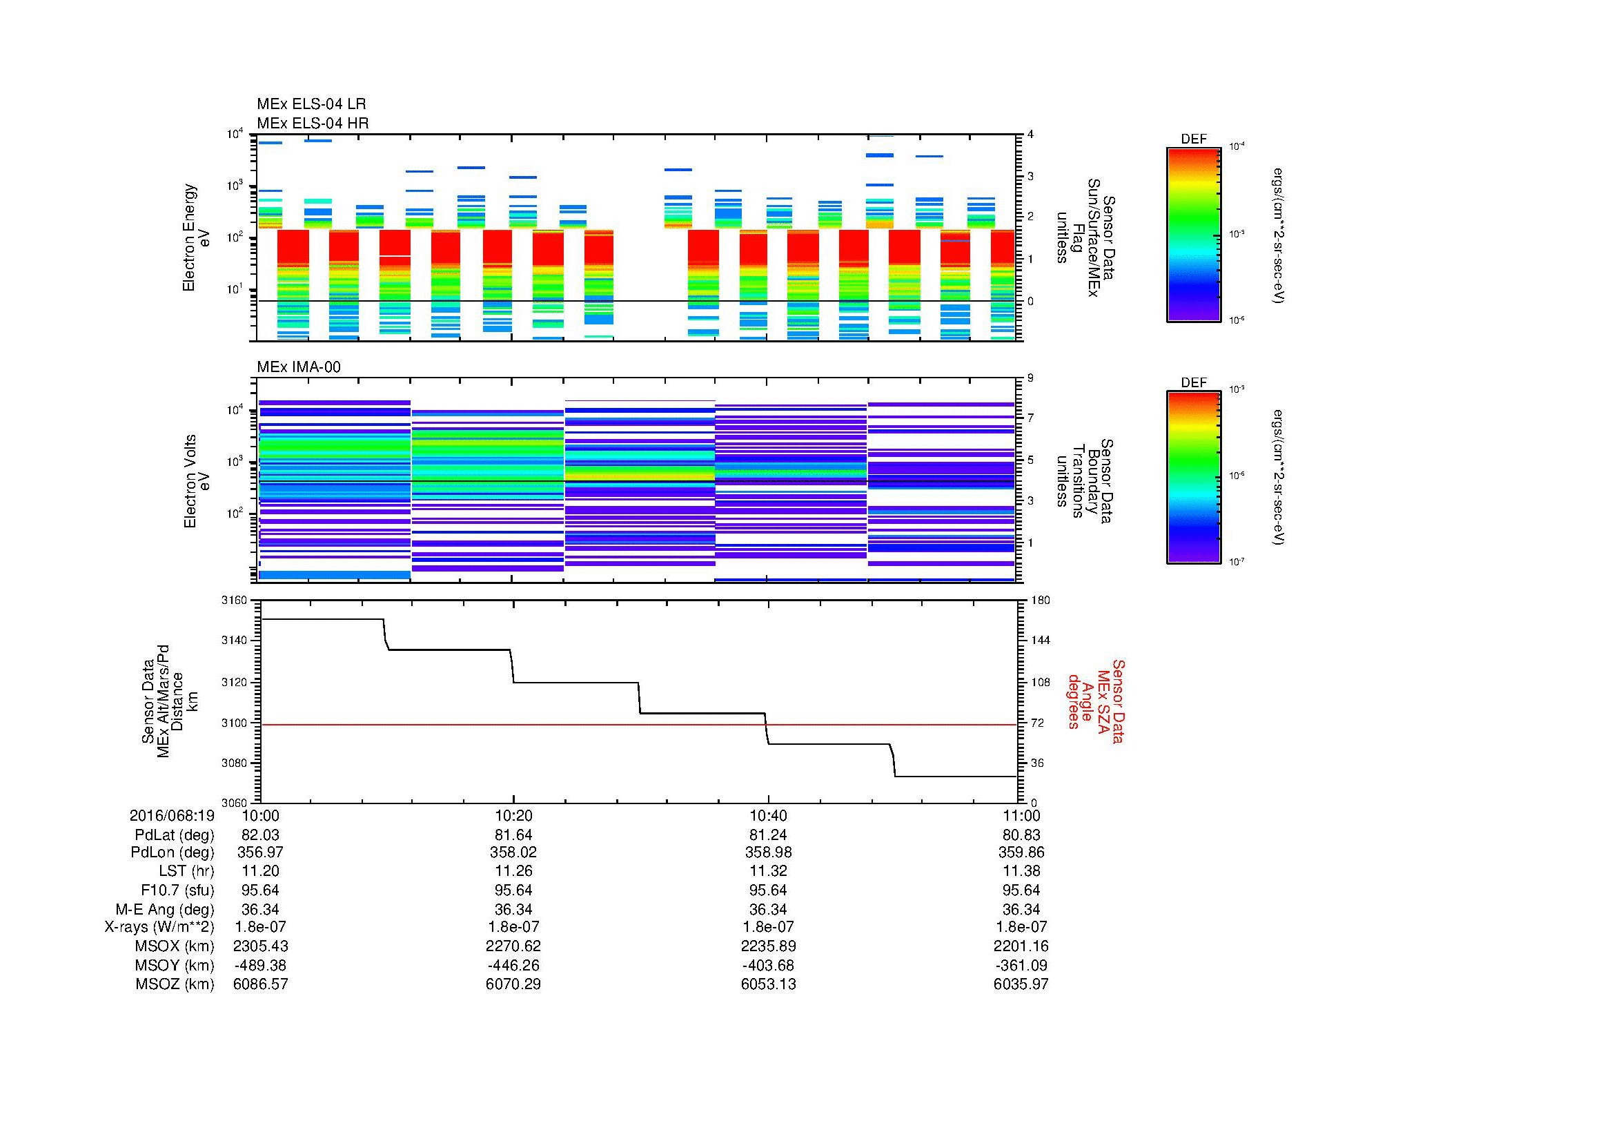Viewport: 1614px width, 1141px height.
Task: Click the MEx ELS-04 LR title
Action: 311,104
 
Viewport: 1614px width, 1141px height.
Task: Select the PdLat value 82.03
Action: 260,835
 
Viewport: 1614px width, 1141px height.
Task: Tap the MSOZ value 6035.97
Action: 1021,984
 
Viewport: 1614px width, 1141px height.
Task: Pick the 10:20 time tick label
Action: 513,815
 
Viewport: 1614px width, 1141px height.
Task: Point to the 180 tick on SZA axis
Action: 1040,601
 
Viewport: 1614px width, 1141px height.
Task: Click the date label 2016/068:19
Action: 172,815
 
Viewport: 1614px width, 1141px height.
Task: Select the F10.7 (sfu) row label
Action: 176,890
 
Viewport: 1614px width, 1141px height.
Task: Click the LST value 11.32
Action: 768,871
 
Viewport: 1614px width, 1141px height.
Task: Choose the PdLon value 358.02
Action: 513,852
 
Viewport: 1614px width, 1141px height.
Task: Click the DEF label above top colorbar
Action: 1194,139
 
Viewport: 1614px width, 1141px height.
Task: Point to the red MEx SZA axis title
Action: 1095,701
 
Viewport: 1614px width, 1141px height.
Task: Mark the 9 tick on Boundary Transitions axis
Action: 1030,378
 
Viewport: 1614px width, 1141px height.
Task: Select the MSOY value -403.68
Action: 768,965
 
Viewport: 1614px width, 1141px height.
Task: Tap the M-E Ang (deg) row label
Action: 164,909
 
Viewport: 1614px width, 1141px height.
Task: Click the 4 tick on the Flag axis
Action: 1030,135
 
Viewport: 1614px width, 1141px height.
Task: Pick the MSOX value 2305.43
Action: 260,946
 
